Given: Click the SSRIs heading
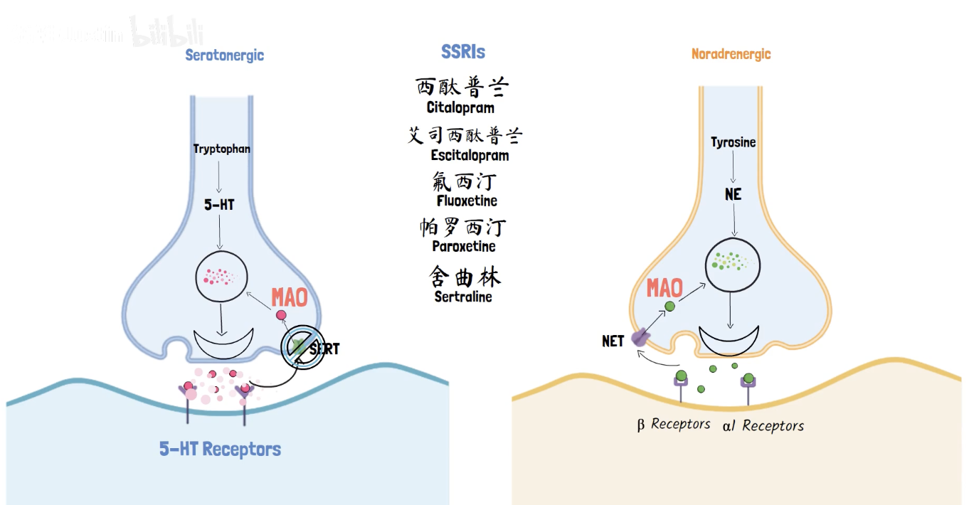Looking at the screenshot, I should pos(463,52).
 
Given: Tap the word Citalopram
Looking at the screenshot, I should pos(460,108).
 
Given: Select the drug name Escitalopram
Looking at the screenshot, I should pos(470,155).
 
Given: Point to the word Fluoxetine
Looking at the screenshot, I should pos(467,201).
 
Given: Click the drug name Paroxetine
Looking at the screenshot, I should pos(464,246).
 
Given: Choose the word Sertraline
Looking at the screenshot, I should pos(463,297).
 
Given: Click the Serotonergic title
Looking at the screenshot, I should pos(224,55).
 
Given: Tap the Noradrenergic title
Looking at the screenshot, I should pos(731,54).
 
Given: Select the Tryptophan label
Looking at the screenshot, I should pos(222,149).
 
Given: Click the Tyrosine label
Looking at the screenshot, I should pos(733,142).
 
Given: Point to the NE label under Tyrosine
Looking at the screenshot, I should pos(733,193).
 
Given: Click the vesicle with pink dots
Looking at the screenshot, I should pos(221,278).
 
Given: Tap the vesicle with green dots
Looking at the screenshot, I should pos(731,264).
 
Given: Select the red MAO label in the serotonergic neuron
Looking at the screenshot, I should pos(290,297).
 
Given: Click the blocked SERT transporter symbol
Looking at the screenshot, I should pos(302,347).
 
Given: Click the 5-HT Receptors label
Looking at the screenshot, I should pos(220,450).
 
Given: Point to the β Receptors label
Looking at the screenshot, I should pos(673,425).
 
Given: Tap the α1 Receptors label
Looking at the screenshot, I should pos(763,426).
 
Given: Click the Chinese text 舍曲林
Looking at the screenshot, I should pos(464,277).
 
